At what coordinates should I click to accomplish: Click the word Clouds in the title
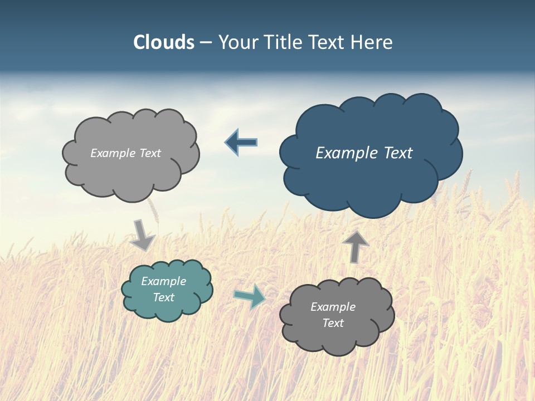click(x=163, y=42)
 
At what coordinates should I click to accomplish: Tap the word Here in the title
click(x=372, y=42)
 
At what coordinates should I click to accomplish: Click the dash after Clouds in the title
click(x=206, y=43)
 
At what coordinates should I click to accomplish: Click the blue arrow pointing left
click(x=241, y=142)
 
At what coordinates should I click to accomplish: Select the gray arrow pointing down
click(x=142, y=235)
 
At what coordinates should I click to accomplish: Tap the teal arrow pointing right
click(x=250, y=296)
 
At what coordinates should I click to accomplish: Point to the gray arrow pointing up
click(x=356, y=246)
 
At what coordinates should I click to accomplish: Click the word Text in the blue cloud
click(x=397, y=153)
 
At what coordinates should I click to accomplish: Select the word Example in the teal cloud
click(x=164, y=281)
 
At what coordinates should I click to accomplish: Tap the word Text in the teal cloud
click(x=164, y=297)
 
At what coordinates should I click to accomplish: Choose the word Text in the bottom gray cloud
click(x=333, y=323)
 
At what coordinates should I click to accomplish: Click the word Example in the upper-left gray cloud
click(x=113, y=153)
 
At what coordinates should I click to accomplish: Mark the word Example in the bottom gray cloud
click(x=333, y=307)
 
